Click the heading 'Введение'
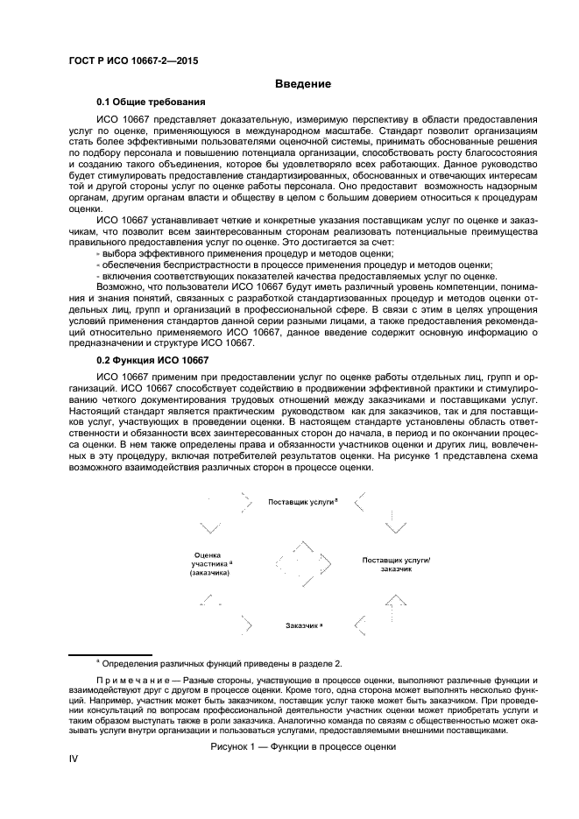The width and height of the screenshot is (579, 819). pos(302,84)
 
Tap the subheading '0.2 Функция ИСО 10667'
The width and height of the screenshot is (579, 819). pos(152,361)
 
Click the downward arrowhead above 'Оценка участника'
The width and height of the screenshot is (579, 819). pos(210,527)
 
